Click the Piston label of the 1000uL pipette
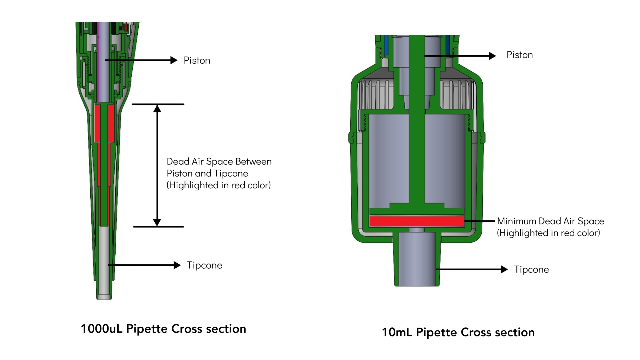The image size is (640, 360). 197,60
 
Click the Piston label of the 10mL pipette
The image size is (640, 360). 519,55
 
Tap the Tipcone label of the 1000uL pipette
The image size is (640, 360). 204,265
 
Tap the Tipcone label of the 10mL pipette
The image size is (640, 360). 531,270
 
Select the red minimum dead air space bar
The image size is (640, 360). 417,221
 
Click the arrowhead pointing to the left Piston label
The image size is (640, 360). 174,60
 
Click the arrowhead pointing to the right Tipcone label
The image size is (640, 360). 504,269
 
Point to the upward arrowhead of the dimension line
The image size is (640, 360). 157,109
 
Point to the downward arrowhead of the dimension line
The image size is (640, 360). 157,222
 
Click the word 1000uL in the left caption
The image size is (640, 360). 101,329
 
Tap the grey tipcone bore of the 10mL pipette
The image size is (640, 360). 417,260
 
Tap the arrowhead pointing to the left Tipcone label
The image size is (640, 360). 177,265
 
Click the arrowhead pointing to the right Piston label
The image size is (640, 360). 492,56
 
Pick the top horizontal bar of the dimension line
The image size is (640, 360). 158,104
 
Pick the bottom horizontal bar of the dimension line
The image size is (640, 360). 158,227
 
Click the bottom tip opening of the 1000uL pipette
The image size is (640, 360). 104,297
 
